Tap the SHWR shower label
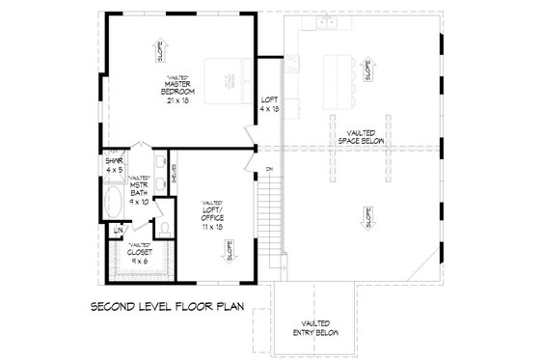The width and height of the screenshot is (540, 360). coord(116,165)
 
